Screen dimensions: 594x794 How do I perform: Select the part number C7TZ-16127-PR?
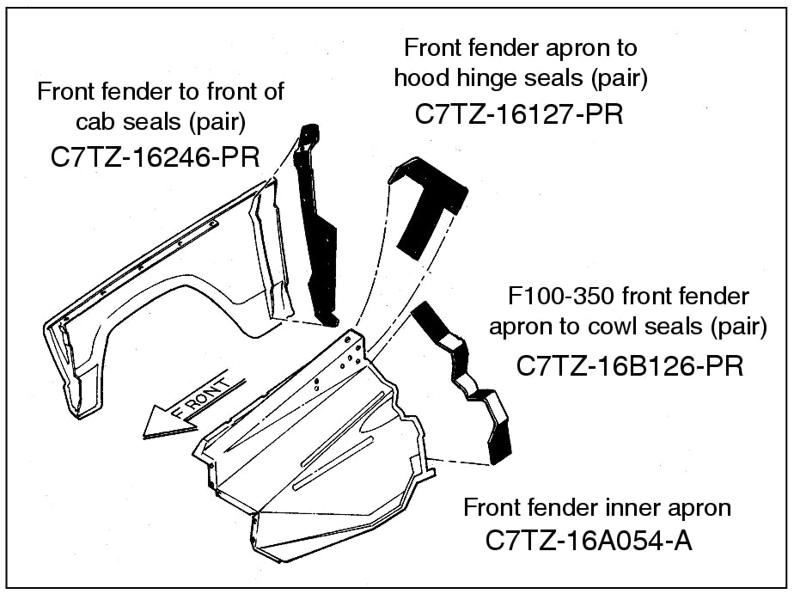(x=518, y=115)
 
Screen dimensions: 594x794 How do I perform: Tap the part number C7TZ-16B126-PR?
(x=629, y=365)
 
